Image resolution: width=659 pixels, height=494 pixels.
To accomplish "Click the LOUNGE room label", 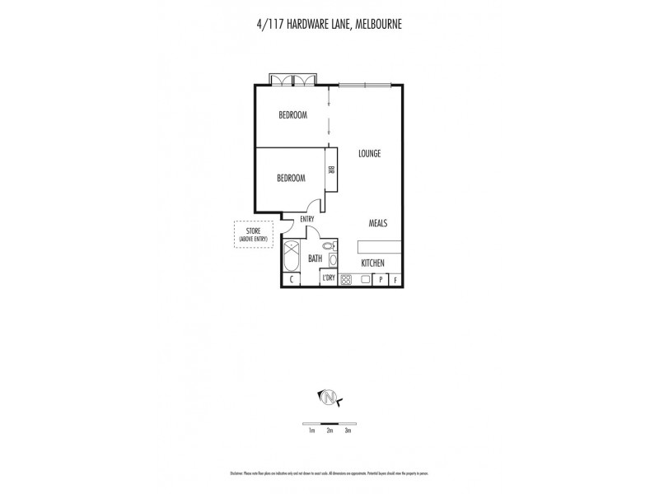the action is pyautogui.click(x=369, y=154).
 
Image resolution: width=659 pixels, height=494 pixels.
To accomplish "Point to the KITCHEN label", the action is pyautogui.click(x=373, y=263).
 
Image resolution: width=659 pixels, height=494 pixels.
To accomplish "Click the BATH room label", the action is pyautogui.click(x=315, y=259).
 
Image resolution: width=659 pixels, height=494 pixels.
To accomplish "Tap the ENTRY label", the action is pyautogui.click(x=307, y=219).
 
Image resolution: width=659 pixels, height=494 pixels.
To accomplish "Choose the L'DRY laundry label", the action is pyautogui.click(x=329, y=279).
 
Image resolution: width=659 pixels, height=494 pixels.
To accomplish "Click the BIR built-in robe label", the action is pyautogui.click(x=331, y=170).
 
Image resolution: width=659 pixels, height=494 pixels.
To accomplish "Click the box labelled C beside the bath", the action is pyautogui.click(x=292, y=279).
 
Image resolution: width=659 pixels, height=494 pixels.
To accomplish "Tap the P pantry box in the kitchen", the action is pyautogui.click(x=381, y=279).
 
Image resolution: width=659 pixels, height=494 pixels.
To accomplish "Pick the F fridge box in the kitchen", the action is pyautogui.click(x=395, y=279).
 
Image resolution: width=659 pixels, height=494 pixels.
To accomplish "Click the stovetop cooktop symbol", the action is pyautogui.click(x=346, y=279).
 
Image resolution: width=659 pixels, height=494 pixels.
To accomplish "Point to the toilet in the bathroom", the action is pyautogui.click(x=329, y=246).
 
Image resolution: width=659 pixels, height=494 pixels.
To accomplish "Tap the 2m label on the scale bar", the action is pyautogui.click(x=329, y=431).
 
